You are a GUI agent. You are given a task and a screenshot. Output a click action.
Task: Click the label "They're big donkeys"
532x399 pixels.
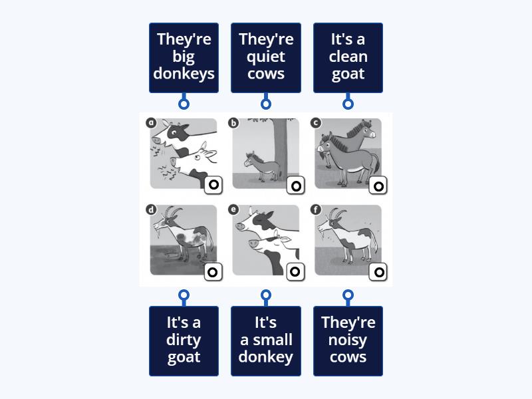(184, 57)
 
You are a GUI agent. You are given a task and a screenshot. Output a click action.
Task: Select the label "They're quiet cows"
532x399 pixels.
(266, 57)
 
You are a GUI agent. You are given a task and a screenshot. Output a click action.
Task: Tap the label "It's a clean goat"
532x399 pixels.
(348, 57)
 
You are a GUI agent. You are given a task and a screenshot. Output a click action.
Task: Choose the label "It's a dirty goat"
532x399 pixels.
(184, 340)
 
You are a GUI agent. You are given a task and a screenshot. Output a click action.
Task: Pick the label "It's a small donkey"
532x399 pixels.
(266, 340)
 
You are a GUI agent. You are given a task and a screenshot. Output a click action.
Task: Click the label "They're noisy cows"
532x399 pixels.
(348, 340)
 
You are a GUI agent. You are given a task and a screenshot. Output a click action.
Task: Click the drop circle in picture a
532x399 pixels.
(213, 186)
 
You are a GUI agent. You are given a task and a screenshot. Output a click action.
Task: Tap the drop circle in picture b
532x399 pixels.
(296, 186)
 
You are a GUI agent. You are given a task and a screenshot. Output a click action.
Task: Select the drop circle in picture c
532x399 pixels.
(378, 186)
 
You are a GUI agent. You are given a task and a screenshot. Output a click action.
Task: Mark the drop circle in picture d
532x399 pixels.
(213, 271)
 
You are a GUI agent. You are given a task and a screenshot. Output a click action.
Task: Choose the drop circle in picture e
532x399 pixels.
(296, 271)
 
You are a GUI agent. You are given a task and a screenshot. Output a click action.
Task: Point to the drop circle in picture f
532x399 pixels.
(378, 271)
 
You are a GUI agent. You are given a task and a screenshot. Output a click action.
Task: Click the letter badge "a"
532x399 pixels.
(151, 122)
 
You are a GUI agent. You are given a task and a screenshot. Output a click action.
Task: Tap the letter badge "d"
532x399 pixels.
(151, 209)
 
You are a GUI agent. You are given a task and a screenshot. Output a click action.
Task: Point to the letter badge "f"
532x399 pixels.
(316, 209)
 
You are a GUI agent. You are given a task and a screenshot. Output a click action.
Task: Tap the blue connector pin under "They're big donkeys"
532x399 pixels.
(184, 104)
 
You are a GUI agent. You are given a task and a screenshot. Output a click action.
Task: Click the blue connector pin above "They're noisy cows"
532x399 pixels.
(348, 295)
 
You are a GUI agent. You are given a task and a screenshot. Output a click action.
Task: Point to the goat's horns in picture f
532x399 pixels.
(338, 213)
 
